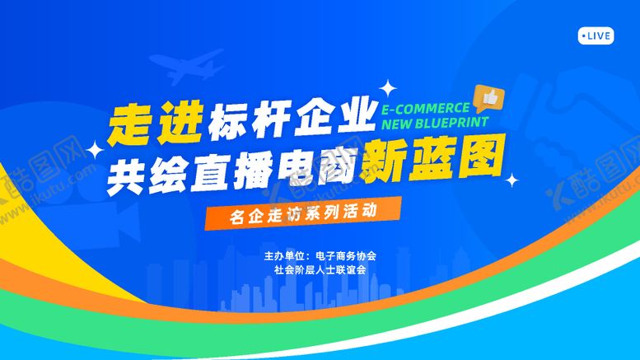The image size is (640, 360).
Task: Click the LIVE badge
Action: coord(596,35)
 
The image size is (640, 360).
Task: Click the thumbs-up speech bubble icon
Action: coord(489,98)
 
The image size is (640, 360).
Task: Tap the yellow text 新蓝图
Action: coord(433,159)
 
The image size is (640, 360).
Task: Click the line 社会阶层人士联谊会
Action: coord(320,269)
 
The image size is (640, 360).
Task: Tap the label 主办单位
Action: coord(283,255)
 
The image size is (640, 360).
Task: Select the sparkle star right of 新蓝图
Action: coord(512,179)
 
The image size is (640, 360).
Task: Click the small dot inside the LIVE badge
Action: coord(583,35)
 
